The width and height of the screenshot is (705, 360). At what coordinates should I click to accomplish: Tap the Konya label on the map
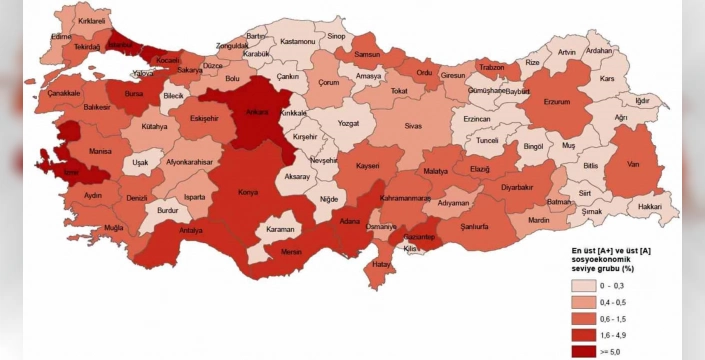click(247, 192)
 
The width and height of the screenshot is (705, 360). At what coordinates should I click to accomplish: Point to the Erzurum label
click(556, 101)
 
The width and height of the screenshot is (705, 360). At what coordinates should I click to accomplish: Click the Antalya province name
click(190, 230)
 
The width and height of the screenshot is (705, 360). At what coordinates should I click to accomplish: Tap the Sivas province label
click(414, 127)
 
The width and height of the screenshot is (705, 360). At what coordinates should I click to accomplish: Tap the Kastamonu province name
click(298, 42)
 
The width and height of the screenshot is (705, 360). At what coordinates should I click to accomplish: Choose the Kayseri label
click(367, 164)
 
